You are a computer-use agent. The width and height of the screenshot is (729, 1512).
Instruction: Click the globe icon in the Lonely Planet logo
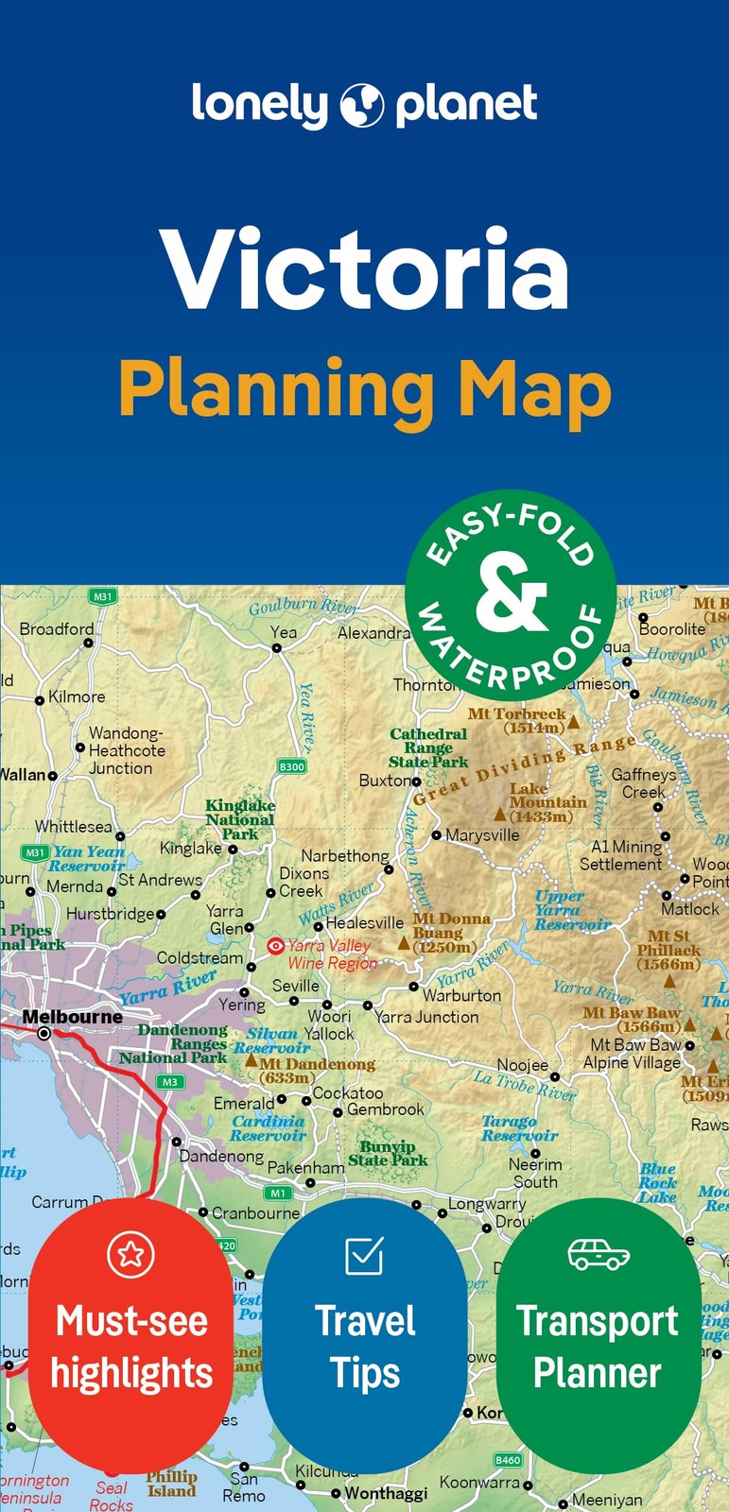(362, 105)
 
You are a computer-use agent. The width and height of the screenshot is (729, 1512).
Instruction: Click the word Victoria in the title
(365, 270)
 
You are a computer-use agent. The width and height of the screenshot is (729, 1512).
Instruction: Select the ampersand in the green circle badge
(512, 593)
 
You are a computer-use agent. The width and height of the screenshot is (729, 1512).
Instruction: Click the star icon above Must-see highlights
(130, 1254)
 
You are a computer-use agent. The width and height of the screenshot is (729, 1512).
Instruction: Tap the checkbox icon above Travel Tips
(364, 1255)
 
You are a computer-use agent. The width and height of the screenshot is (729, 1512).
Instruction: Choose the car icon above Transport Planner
(599, 1254)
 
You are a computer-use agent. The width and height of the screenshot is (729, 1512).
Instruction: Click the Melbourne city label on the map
(72, 1017)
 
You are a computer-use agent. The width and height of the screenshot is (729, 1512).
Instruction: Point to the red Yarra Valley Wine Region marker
(275, 945)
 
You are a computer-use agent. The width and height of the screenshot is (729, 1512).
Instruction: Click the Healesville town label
(364, 922)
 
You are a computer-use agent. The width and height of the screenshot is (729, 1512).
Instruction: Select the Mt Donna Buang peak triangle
(404, 942)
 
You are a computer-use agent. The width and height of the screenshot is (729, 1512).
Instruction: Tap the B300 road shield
(292, 766)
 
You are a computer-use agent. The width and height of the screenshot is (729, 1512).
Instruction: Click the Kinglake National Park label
(240, 819)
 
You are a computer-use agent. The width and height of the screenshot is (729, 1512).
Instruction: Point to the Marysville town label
(482, 835)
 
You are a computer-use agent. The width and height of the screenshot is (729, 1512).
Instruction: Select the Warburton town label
(461, 995)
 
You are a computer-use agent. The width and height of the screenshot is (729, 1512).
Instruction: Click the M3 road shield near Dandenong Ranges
(170, 1082)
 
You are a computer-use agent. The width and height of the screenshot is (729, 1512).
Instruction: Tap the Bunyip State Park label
(388, 1153)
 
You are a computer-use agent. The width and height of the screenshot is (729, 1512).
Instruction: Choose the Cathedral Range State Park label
(428, 747)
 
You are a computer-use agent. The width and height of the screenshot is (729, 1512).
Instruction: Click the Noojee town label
(523, 1065)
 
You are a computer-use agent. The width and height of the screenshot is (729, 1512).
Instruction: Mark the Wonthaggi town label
(386, 1494)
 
